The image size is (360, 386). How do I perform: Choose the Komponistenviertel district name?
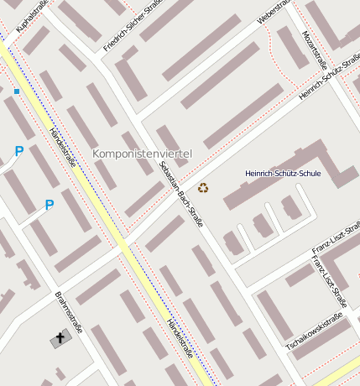click(x=142, y=154)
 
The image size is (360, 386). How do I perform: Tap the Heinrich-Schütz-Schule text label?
click(x=283, y=173)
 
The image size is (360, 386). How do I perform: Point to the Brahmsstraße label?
click(x=68, y=312)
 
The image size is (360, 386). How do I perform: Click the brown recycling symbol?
click(x=203, y=188)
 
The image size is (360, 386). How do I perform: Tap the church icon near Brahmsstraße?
click(x=59, y=340)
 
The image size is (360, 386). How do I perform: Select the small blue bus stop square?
click(x=16, y=91)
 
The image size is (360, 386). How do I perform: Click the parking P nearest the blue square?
click(x=18, y=152)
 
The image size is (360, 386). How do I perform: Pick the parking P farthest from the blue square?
click(x=49, y=205)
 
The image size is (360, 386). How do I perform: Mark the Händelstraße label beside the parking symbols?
click(x=62, y=147)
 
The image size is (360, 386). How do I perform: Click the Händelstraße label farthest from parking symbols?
click(x=180, y=338)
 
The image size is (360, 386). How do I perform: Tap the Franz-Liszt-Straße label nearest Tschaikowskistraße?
click(x=330, y=282)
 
